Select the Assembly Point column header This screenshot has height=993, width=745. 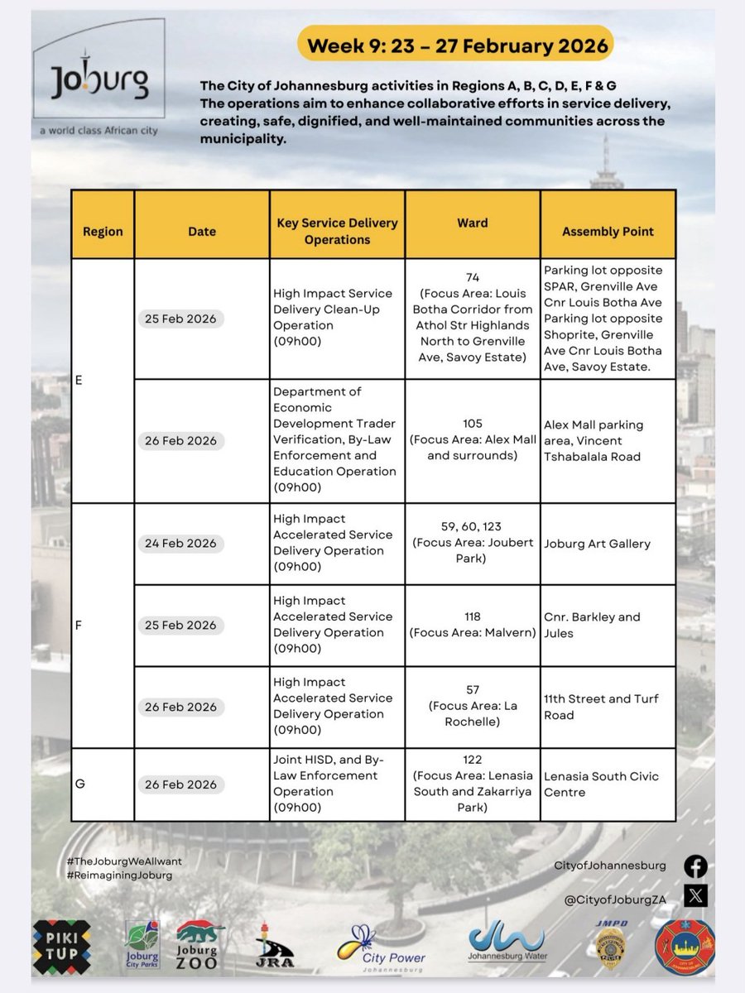click(608, 232)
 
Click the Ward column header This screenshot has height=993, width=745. click(472, 223)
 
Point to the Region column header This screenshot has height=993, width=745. click(103, 232)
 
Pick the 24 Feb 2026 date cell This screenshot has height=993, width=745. click(177, 543)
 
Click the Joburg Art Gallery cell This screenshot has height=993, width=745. click(597, 544)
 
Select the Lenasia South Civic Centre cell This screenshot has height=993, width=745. click(601, 784)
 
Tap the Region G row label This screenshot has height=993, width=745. click(80, 784)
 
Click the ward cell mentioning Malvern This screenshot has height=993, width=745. click(472, 625)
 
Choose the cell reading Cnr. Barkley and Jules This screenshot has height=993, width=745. click(592, 625)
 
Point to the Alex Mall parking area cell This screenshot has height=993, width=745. click(594, 440)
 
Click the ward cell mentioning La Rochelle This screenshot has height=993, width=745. click(472, 706)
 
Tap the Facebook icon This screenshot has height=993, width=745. click(695, 866)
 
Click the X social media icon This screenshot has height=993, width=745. click(695, 895)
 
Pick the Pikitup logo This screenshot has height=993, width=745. click(61, 946)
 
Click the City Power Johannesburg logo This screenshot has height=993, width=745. click(382, 947)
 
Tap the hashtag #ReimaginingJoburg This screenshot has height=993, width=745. click(119, 875)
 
